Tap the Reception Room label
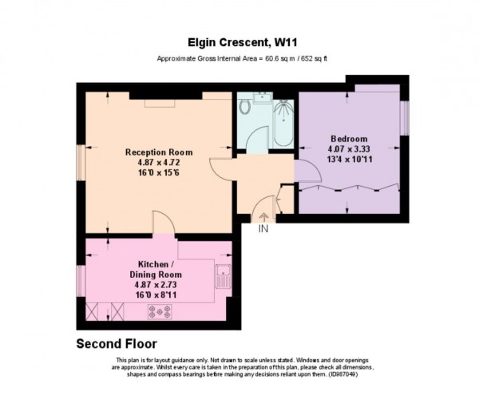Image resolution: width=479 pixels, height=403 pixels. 159,152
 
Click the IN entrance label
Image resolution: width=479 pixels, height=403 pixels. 263,228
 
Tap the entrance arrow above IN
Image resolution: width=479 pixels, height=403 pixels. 263,215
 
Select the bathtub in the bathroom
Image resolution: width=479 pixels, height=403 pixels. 283,124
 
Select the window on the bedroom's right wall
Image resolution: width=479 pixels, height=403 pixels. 405,117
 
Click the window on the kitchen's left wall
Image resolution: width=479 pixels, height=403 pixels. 80,280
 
